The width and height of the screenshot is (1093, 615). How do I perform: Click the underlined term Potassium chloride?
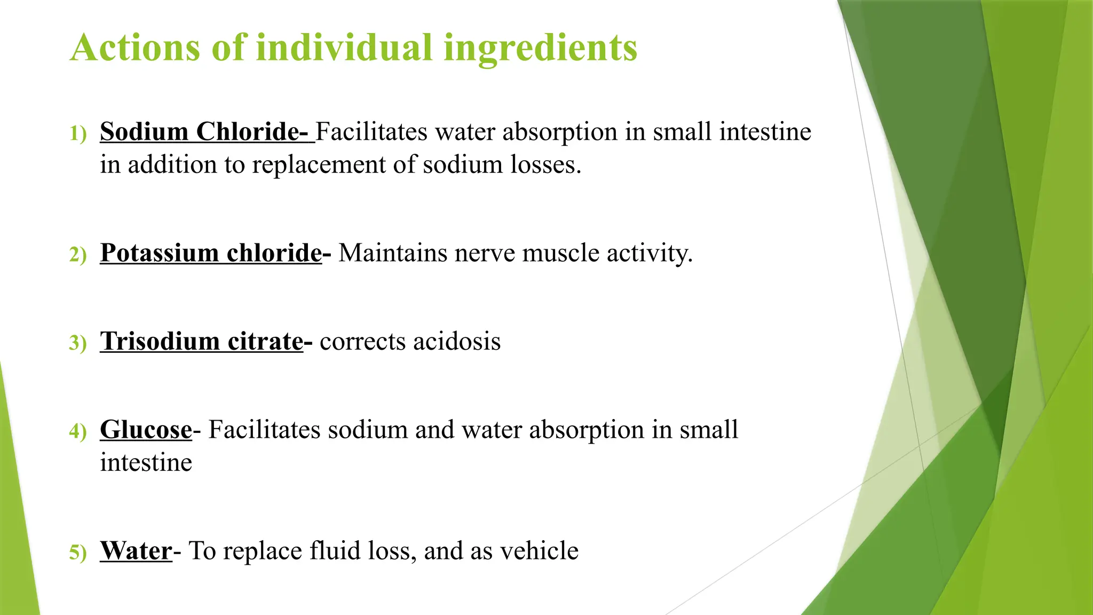pos(211,253)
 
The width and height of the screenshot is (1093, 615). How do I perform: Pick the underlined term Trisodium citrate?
pos(202,342)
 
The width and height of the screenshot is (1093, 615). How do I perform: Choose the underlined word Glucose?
pos(146,430)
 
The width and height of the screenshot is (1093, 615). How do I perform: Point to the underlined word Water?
pos(136,551)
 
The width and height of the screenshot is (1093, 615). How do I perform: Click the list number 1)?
pos(78,133)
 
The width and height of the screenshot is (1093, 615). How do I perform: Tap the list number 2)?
pos(78,255)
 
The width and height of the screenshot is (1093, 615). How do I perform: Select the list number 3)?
pos(78,343)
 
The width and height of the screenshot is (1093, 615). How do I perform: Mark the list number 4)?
pos(78,431)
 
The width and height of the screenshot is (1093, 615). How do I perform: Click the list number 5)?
pos(78,553)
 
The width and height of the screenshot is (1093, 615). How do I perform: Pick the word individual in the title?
pos(344,48)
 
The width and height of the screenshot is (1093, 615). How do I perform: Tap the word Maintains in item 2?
pos(393,253)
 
